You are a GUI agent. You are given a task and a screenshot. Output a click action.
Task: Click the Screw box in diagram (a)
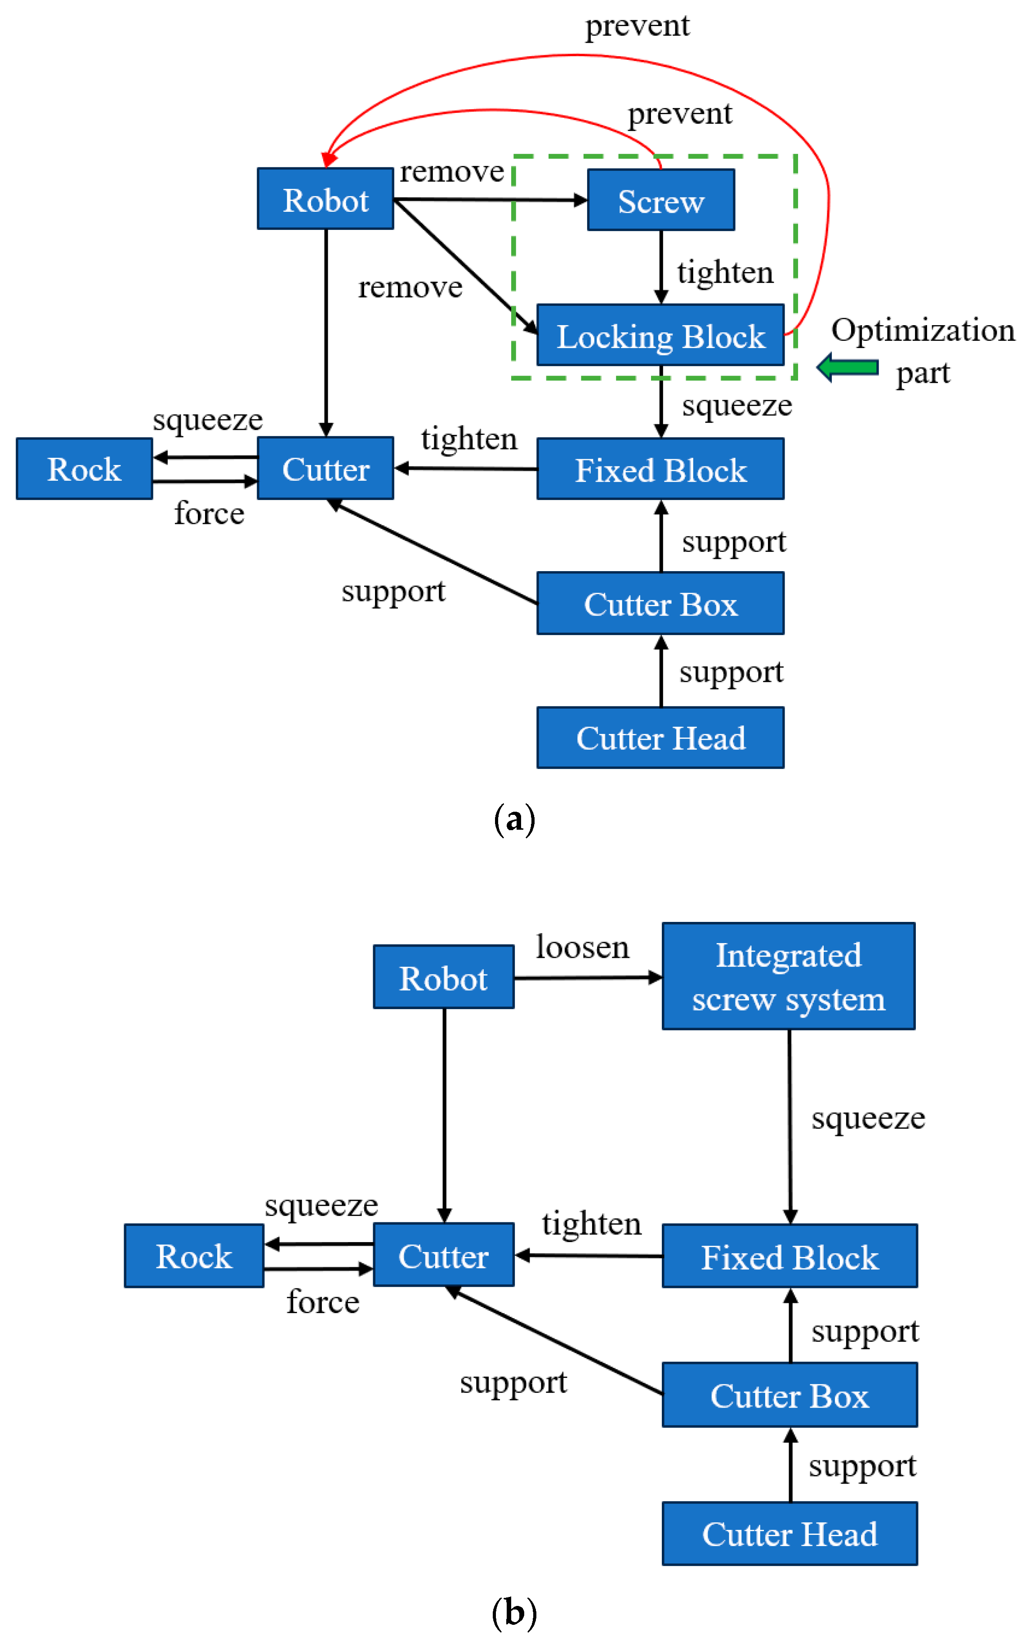tap(660, 200)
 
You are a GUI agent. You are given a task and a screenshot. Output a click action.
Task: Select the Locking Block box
tap(660, 335)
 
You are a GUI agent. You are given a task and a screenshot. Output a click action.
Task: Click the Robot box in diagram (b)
tap(443, 977)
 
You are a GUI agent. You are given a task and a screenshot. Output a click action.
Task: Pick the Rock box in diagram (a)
tap(84, 469)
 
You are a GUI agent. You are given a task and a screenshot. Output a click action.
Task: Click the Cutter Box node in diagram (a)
tap(660, 604)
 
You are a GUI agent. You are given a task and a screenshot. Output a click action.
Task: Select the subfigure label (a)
tap(514, 818)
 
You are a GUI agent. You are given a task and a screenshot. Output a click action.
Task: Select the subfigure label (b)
tap(514, 1611)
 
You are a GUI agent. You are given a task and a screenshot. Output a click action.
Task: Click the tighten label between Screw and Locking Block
tap(725, 272)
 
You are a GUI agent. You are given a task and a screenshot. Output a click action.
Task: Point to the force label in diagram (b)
tap(322, 1301)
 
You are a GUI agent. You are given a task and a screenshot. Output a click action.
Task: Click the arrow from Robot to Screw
tap(489, 200)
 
